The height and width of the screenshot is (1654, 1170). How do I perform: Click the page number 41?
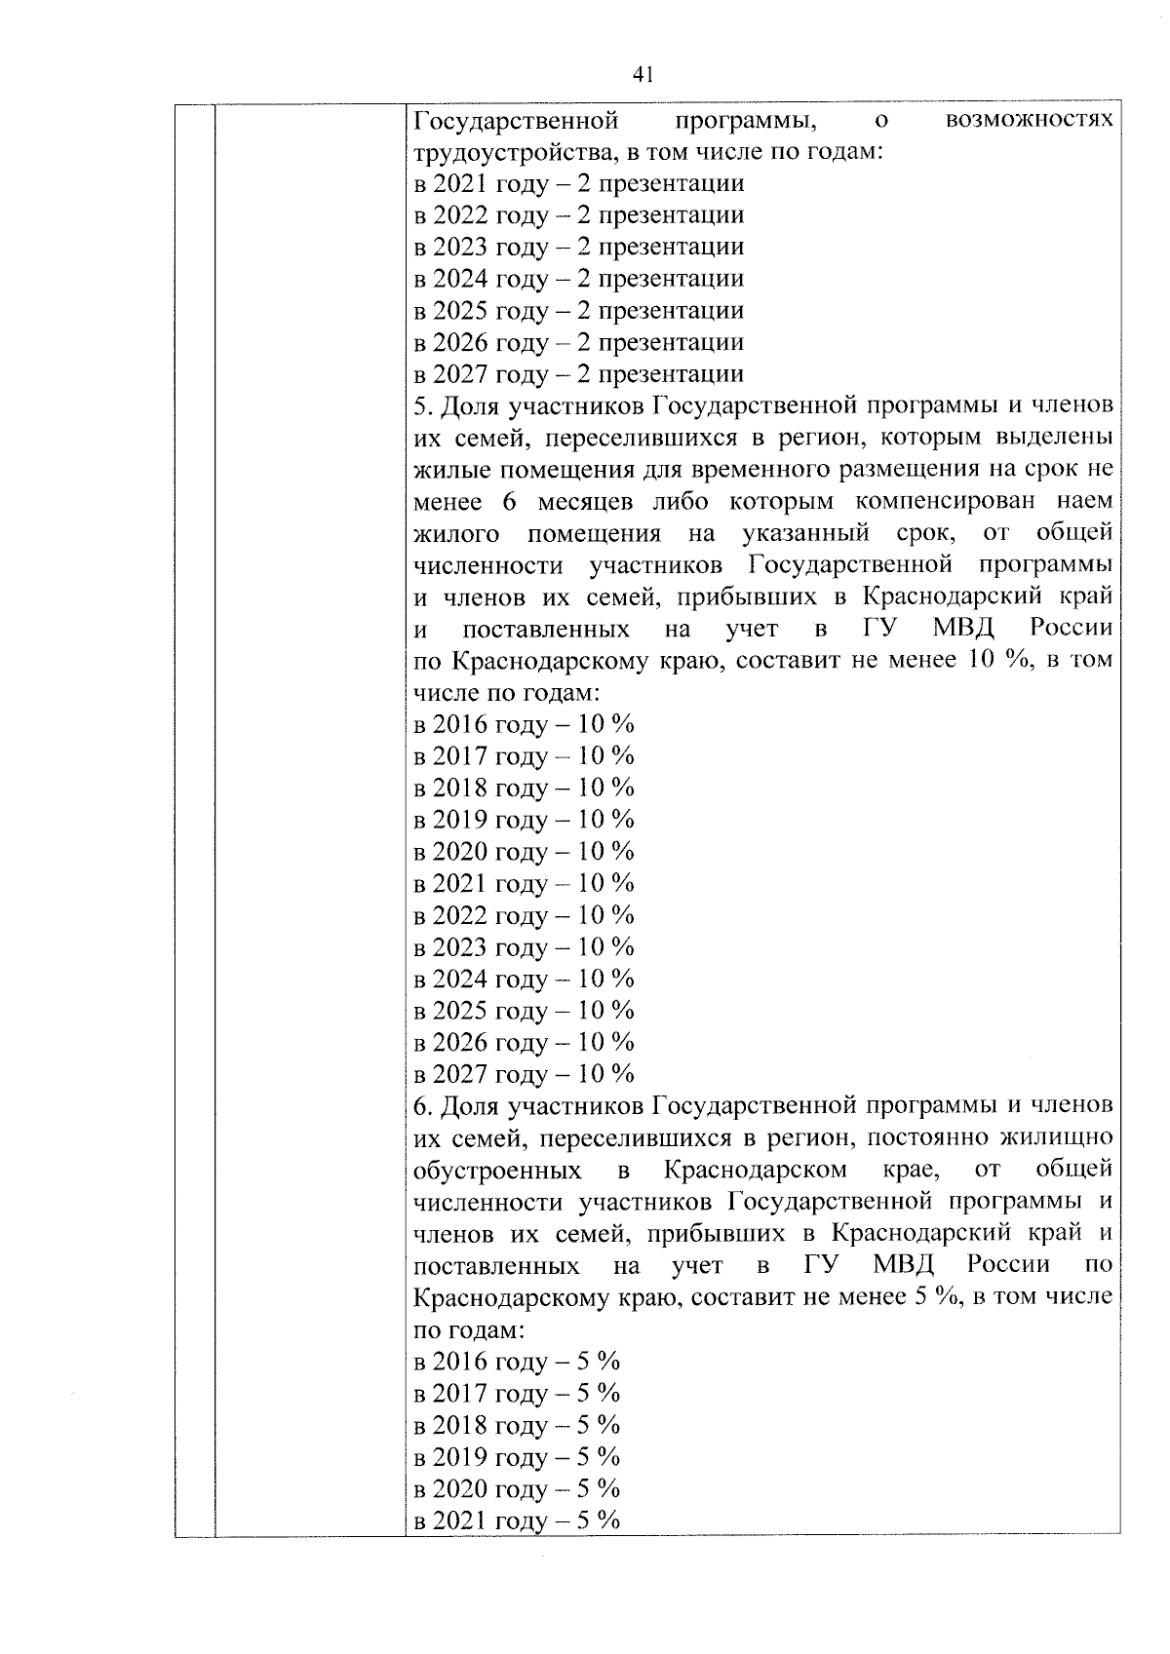643,75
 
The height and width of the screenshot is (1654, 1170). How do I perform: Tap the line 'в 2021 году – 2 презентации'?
579,184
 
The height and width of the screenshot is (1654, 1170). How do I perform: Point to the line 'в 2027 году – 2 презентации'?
579,375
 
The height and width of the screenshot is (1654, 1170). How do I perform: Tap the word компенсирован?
941,502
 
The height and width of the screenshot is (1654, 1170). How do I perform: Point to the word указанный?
804,534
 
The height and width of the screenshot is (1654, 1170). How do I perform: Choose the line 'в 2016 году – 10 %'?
525,724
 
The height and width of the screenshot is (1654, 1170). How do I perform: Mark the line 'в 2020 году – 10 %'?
525,852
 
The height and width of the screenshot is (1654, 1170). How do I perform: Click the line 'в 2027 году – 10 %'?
525,1075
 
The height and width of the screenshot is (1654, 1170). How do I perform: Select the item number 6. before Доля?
422,1107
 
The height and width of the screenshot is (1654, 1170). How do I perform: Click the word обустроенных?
498,1170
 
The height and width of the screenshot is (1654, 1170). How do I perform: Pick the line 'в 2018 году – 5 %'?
517,1426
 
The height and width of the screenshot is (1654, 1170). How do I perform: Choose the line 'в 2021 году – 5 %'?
517,1521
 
